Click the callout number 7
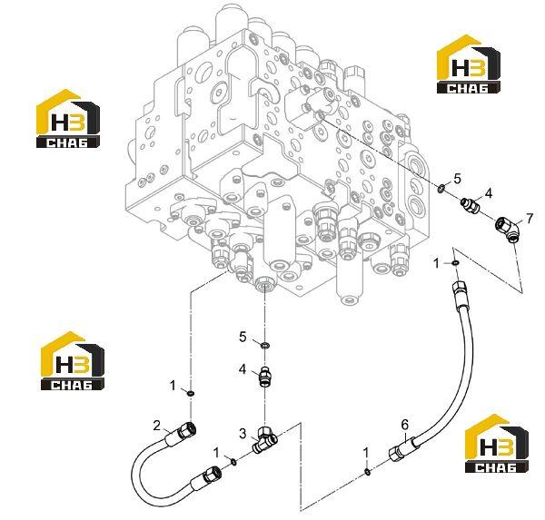tap(529, 219)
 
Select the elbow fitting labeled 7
tap(508, 229)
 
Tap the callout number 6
tap(404, 425)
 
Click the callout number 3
tap(243, 433)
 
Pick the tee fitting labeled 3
tap(266, 440)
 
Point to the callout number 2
tap(157, 426)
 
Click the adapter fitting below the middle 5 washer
tap(266, 376)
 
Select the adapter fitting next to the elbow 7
tap(471, 205)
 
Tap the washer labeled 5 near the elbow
tap(441, 190)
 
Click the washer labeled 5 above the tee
tap(265, 345)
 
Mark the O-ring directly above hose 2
tap(191, 393)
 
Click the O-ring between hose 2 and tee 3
tap(234, 462)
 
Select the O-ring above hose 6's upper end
tap(455, 263)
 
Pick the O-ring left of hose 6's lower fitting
tap(368, 471)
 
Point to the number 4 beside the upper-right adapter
tap(489, 193)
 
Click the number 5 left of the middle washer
tap(243, 337)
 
